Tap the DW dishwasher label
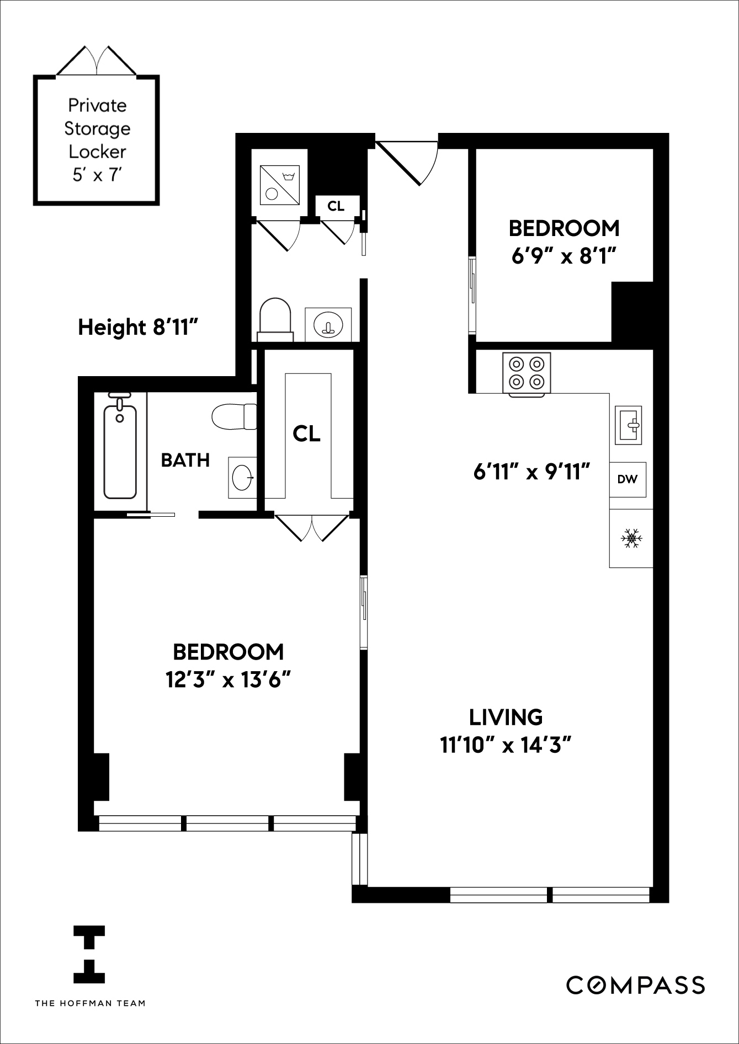(x=628, y=479)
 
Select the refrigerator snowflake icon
(x=631, y=538)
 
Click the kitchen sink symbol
(x=629, y=425)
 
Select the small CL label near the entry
(x=336, y=206)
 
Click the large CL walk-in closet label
(x=307, y=433)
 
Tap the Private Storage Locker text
(x=97, y=140)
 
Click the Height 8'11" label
(x=138, y=327)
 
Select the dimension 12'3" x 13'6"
(x=228, y=680)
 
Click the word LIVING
(x=506, y=717)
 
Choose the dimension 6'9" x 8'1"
(x=563, y=256)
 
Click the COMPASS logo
(x=635, y=984)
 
